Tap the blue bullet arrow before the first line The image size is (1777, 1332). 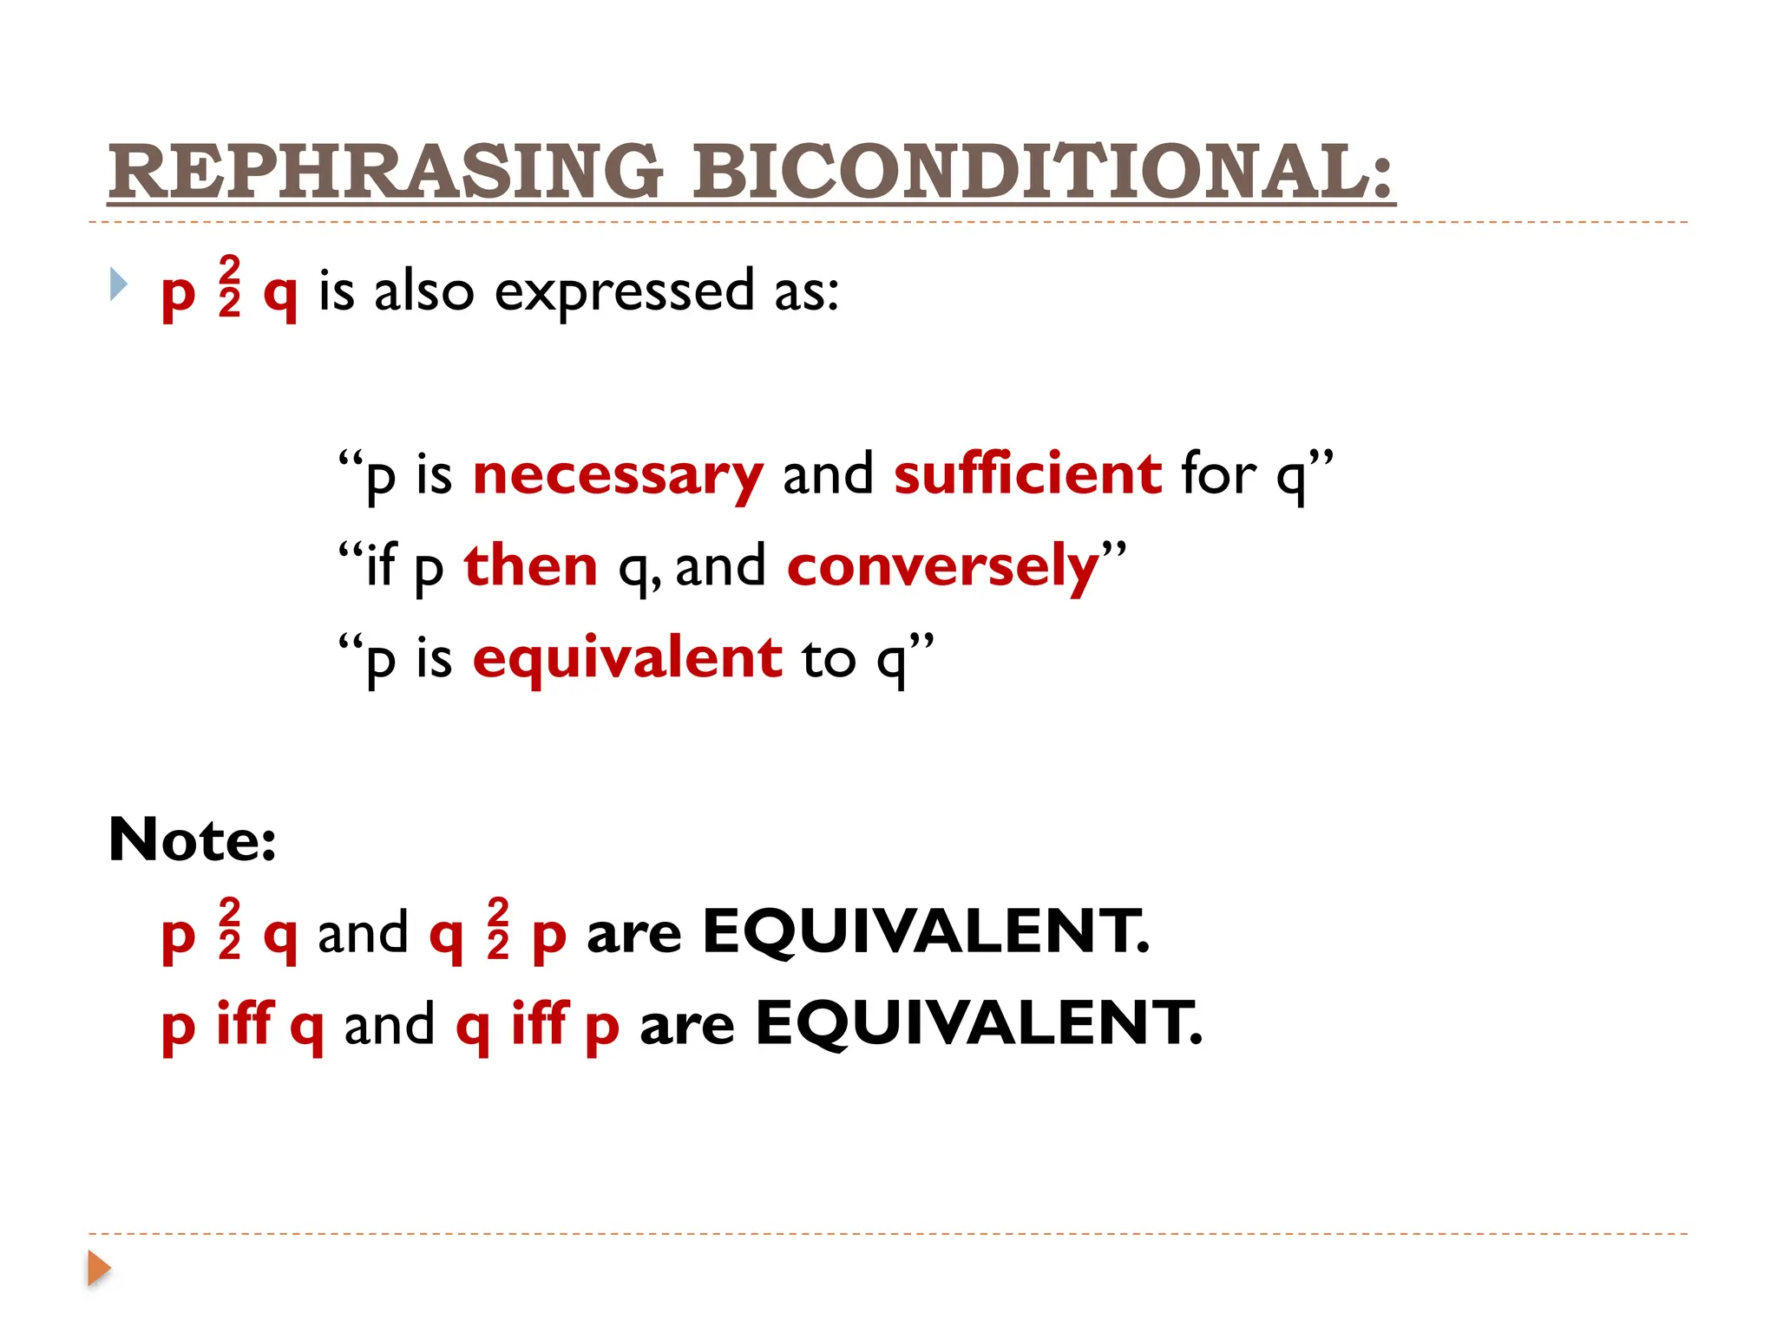coord(119,284)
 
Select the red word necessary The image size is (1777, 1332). coord(618,475)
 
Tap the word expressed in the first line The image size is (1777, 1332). coord(624,291)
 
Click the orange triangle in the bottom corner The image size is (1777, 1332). coord(99,1268)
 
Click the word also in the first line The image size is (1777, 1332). coord(424,291)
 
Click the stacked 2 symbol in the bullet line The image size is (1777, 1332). coord(229,287)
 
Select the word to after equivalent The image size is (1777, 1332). coord(829,658)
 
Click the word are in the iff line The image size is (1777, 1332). coord(687,1027)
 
